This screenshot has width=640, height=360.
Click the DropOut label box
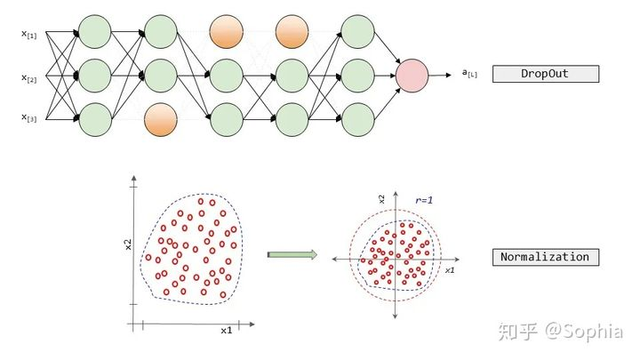pyautogui.click(x=543, y=74)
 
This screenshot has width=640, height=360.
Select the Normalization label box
pyautogui.click(x=543, y=258)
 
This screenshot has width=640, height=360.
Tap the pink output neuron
pyautogui.click(x=412, y=75)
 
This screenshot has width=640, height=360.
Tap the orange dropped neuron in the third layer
pyautogui.click(x=226, y=32)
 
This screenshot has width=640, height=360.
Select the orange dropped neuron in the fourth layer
pyautogui.click(x=292, y=32)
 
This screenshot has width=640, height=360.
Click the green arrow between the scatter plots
pyautogui.click(x=292, y=255)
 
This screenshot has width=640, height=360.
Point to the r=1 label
pyautogui.click(x=425, y=202)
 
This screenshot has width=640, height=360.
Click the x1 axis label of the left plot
pyautogui.click(x=227, y=330)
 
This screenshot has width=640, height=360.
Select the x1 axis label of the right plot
pyautogui.click(x=450, y=268)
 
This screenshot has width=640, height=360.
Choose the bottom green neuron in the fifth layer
pyautogui.click(x=357, y=119)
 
